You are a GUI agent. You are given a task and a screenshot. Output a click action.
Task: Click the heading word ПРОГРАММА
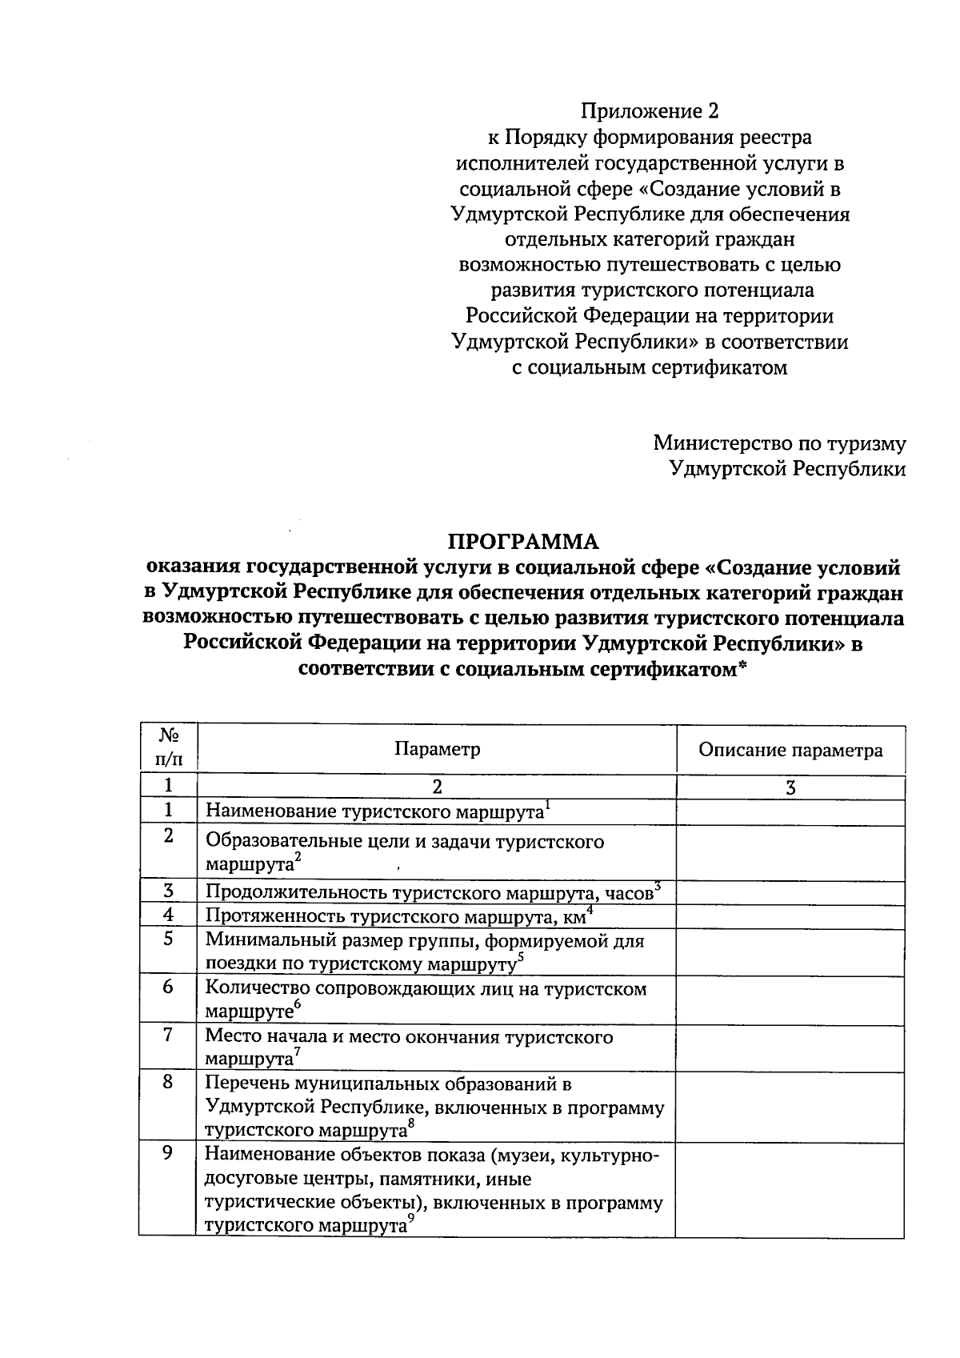click(522, 542)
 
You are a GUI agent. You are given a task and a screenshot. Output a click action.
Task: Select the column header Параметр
click(437, 749)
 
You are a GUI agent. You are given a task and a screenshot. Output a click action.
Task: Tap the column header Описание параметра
click(790, 750)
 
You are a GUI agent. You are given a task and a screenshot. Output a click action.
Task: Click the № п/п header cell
click(168, 747)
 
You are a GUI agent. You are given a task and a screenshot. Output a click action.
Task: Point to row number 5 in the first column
click(168, 939)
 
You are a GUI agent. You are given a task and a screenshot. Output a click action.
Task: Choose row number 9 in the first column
click(168, 1154)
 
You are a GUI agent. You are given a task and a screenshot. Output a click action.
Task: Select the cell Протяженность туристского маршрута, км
click(395, 915)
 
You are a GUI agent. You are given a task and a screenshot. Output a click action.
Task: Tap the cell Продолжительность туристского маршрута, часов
click(430, 892)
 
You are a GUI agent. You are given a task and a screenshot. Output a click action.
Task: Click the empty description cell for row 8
click(790, 1106)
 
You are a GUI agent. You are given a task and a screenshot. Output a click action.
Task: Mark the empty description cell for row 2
click(790, 852)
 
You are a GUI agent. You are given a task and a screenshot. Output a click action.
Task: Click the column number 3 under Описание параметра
click(790, 787)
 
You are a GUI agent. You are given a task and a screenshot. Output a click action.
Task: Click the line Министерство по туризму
click(779, 443)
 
